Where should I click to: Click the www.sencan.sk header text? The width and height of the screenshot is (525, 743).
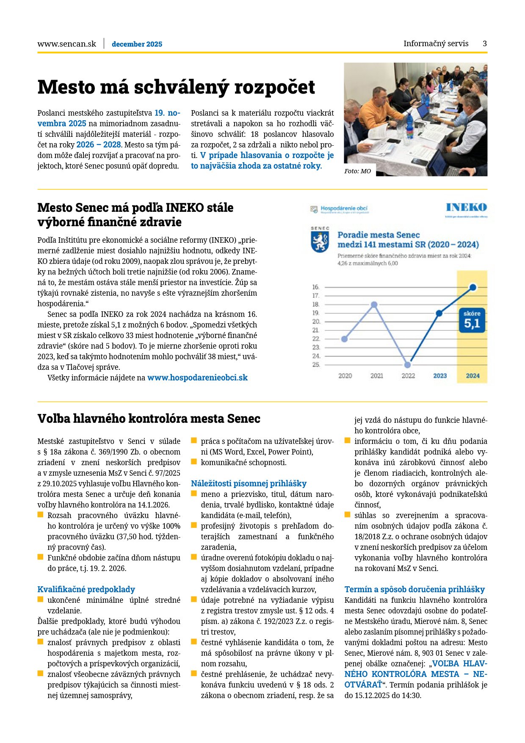point(66,44)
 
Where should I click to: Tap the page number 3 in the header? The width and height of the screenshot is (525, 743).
point(485,43)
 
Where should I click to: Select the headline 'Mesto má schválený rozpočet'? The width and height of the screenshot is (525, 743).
point(176,87)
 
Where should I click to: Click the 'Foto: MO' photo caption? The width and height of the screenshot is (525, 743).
point(357,171)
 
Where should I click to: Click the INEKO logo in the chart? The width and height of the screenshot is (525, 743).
point(466,208)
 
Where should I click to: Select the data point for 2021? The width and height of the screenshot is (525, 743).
point(374,305)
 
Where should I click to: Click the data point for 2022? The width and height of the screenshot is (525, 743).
point(407,365)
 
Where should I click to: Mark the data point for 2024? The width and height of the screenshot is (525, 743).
point(473,288)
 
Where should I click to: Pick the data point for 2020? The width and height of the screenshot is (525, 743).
point(345,339)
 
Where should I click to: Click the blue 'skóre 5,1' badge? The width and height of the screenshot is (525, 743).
point(472,320)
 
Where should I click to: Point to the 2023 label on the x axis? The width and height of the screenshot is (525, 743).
point(440,376)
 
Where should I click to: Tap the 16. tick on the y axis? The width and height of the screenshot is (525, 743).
point(316,287)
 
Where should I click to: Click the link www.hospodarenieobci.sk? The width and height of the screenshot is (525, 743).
point(197,377)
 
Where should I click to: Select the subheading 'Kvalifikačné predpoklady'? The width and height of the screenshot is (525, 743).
point(86,589)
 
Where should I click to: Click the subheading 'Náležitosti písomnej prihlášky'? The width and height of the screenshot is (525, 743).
point(249,483)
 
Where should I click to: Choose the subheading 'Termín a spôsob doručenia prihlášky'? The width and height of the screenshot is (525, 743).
point(414,589)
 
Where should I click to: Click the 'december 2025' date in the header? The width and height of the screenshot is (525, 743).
point(137,44)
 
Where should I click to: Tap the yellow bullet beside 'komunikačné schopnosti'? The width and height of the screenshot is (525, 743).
point(194,461)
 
